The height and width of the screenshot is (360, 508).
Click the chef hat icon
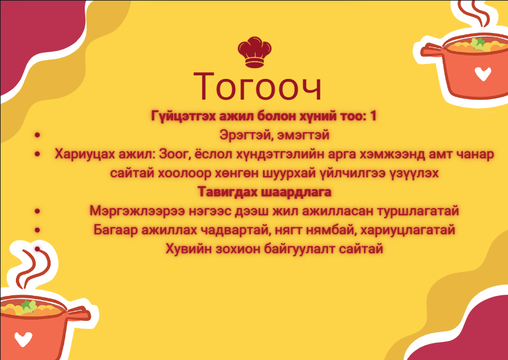pos(254,52)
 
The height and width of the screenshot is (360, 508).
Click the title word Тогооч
pos(257,87)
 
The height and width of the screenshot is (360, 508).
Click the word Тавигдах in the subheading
pos(227,192)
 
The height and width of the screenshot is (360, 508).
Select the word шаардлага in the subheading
pos(295,192)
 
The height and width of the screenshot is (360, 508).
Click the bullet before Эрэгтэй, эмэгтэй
pos(37,135)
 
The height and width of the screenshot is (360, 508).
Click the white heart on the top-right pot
pos(483,74)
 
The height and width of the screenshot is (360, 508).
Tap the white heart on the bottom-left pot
pos(23,339)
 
